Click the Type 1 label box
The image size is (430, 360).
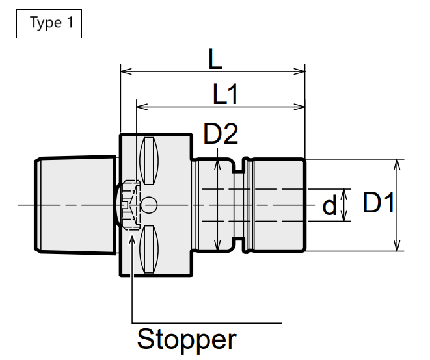(49, 23)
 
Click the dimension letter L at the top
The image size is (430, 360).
(215, 59)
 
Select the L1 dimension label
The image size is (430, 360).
(225, 94)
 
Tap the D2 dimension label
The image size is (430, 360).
(221, 134)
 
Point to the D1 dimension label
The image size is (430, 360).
(379, 202)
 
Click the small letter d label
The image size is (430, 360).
(329, 205)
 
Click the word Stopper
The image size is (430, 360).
(187, 340)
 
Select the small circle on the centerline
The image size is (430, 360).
(148, 205)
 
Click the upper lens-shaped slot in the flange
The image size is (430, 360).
(149, 161)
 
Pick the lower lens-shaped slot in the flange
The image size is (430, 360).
(149, 250)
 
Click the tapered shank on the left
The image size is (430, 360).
(75, 205)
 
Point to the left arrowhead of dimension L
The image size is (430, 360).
(126, 71)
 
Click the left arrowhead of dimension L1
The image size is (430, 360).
(142, 107)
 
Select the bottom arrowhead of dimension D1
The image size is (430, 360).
(397, 246)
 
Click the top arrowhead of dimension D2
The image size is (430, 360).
(217, 164)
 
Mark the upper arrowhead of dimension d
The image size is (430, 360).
(344, 194)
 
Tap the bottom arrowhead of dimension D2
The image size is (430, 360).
(217, 246)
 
